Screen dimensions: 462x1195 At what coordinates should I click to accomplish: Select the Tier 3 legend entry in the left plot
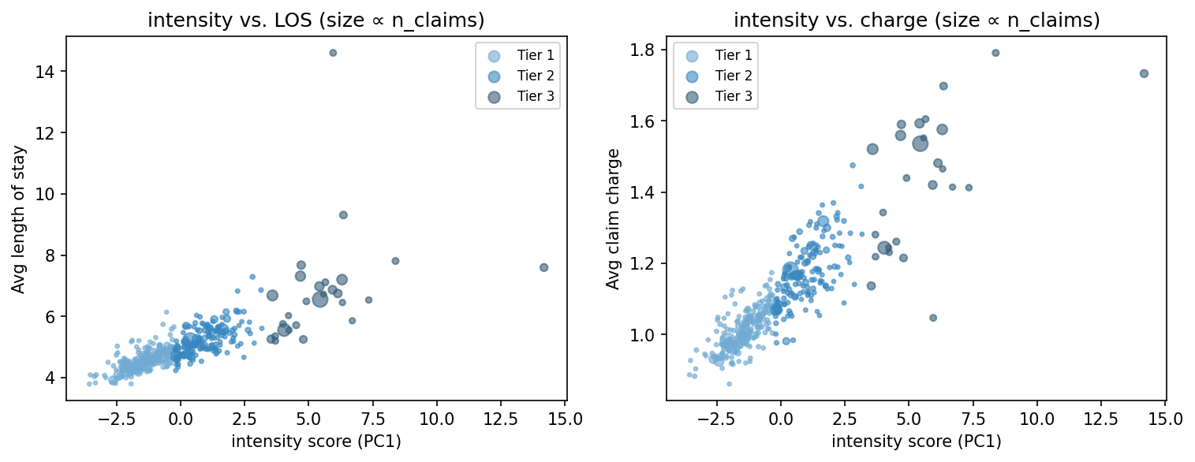pyautogui.click(x=536, y=97)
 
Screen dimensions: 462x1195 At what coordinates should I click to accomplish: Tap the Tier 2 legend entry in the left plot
pyautogui.click(x=536, y=76)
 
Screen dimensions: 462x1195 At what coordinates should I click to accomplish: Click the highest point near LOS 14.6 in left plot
pyautogui.click(x=333, y=53)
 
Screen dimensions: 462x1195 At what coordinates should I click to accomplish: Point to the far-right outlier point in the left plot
pyautogui.click(x=543, y=267)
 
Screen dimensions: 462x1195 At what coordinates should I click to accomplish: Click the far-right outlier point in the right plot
pyautogui.click(x=1144, y=73)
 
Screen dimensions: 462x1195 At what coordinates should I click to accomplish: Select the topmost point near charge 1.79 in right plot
pyautogui.click(x=995, y=53)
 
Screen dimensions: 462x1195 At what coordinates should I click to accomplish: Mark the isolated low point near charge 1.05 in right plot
pyautogui.click(x=933, y=318)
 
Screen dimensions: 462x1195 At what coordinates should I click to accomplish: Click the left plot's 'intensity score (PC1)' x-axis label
pyautogui.click(x=316, y=442)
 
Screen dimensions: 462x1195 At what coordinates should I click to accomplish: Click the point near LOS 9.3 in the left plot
pyautogui.click(x=343, y=214)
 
